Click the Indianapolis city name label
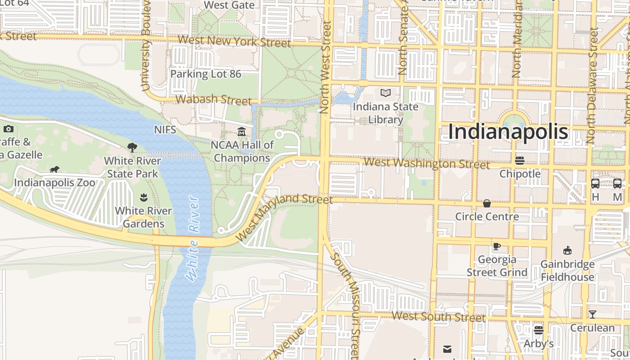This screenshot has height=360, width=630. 508,132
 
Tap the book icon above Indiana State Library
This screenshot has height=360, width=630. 386,93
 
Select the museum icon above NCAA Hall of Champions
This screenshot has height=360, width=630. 242,132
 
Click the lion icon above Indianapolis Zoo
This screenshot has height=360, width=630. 54,170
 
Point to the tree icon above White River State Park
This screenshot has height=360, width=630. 132,147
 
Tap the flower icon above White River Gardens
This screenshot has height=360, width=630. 143,197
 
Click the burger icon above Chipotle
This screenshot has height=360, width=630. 520,160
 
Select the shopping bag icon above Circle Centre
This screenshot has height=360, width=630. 486,203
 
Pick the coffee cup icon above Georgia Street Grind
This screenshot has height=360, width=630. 496,246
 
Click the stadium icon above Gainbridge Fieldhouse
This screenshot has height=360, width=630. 567,251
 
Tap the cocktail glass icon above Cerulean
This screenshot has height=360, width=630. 592,314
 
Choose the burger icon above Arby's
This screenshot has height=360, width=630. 538,330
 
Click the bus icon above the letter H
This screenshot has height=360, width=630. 595,184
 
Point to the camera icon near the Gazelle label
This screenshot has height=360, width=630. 9,129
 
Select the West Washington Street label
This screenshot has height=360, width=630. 426,163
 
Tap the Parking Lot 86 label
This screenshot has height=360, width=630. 206,74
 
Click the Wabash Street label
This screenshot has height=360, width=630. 213,99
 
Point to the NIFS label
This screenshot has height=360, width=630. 165,130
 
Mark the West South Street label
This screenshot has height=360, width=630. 438,316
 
